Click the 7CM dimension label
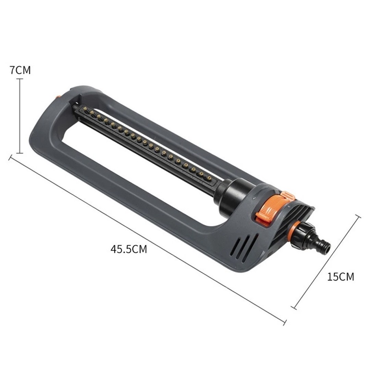[20, 70]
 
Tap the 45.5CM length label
[128, 249]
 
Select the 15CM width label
[341, 276]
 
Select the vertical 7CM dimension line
[20, 116]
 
